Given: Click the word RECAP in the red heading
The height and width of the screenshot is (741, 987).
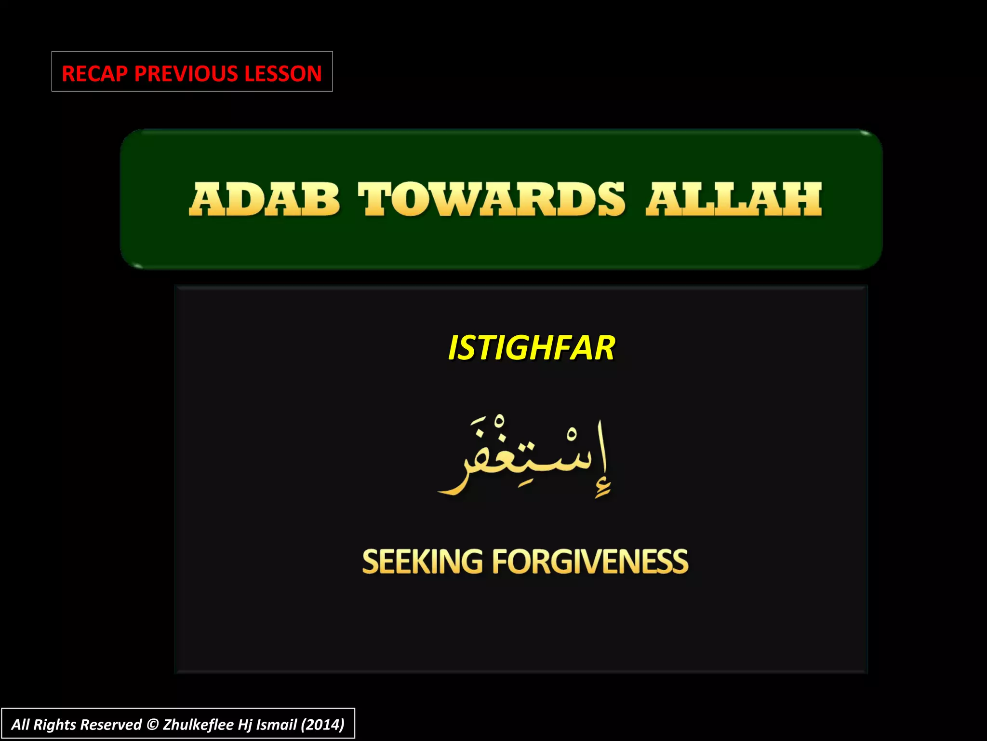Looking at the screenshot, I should pos(95,73).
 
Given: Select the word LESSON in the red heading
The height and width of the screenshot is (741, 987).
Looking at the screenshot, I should pos(282,73).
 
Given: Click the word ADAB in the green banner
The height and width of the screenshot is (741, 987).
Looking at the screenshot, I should pos(265,199).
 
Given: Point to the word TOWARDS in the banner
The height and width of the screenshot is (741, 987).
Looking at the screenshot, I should pos(492,199).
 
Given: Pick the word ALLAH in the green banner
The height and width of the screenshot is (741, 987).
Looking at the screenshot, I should pos(734,199).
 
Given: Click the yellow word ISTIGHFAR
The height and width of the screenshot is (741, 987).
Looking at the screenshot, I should pos(531,348).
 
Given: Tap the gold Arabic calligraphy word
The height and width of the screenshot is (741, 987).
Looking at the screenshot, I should pos(525,458).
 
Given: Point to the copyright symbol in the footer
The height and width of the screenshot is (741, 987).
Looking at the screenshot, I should pos(152,725).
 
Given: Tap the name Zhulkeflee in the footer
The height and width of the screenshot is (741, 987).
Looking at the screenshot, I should pos(199,725).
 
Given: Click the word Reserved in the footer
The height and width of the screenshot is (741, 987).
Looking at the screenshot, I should pos(111,725).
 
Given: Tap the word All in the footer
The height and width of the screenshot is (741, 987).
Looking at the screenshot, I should pos(21,725).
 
